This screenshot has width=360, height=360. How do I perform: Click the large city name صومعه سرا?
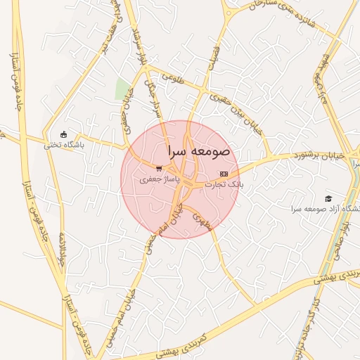[x=200, y=151]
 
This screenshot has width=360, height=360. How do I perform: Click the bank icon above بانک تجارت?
[x=224, y=173]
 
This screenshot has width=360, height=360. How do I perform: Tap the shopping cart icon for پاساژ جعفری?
[x=160, y=169]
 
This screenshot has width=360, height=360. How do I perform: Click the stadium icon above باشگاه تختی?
[x=64, y=134]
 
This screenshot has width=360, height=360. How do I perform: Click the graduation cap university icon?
[x=328, y=199]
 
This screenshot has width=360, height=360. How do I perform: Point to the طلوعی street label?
[x=173, y=80]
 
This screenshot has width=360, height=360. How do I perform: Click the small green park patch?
[x=122, y=89]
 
